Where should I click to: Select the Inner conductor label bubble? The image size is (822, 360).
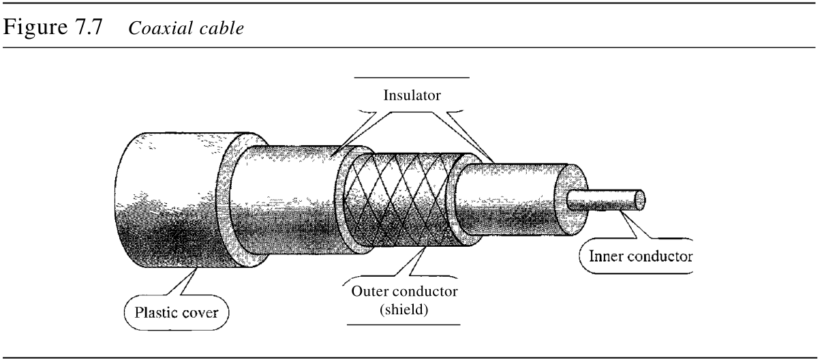(635, 256)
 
